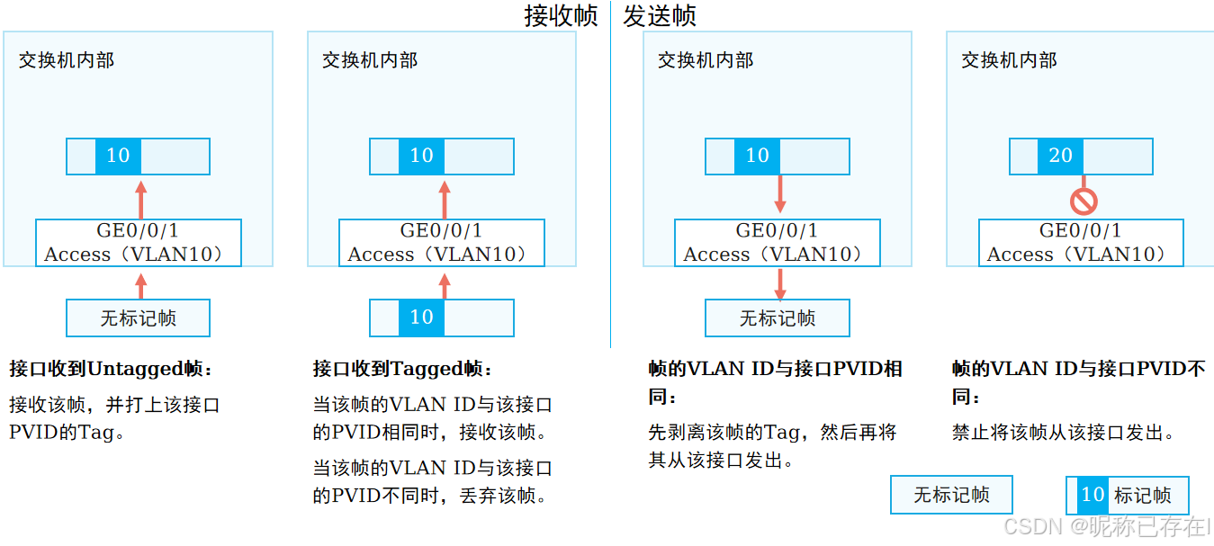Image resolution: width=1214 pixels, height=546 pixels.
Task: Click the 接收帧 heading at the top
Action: (x=561, y=16)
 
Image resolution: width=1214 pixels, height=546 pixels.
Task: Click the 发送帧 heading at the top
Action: (x=660, y=16)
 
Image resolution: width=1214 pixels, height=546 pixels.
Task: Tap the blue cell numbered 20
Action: (x=1060, y=156)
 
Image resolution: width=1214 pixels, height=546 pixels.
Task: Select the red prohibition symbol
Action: (x=1083, y=200)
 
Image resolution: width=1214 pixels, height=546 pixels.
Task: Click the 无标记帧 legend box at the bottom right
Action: (x=951, y=495)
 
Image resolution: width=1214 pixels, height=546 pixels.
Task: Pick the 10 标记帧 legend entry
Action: (x=1127, y=495)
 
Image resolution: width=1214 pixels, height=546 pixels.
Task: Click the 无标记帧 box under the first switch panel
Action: (x=138, y=318)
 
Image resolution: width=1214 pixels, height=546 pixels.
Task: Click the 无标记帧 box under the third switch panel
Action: (x=777, y=318)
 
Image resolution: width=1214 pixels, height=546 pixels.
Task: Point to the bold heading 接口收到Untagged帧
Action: (x=112, y=369)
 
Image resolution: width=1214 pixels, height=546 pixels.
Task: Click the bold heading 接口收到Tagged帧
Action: (x=403, y=369)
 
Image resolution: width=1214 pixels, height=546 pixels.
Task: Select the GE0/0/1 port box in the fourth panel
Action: (x=1081, y=242)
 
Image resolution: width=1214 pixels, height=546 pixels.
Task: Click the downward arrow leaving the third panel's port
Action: (x=780, y=282)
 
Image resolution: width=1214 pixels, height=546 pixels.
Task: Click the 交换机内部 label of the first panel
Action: (x=67, y=60)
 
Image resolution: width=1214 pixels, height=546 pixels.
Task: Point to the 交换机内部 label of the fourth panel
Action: (x=1009, y=60)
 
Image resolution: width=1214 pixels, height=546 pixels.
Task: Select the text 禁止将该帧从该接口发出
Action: (x=1064, y=433)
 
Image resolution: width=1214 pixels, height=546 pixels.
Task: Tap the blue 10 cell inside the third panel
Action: (x=757, y=156)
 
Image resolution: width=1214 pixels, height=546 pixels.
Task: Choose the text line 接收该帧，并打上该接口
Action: (x=114, y=405)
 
